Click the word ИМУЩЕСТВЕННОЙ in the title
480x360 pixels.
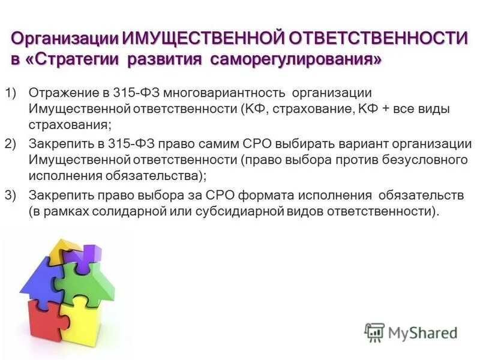click(x=203, y=39)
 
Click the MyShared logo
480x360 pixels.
click(x=411, y=332)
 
